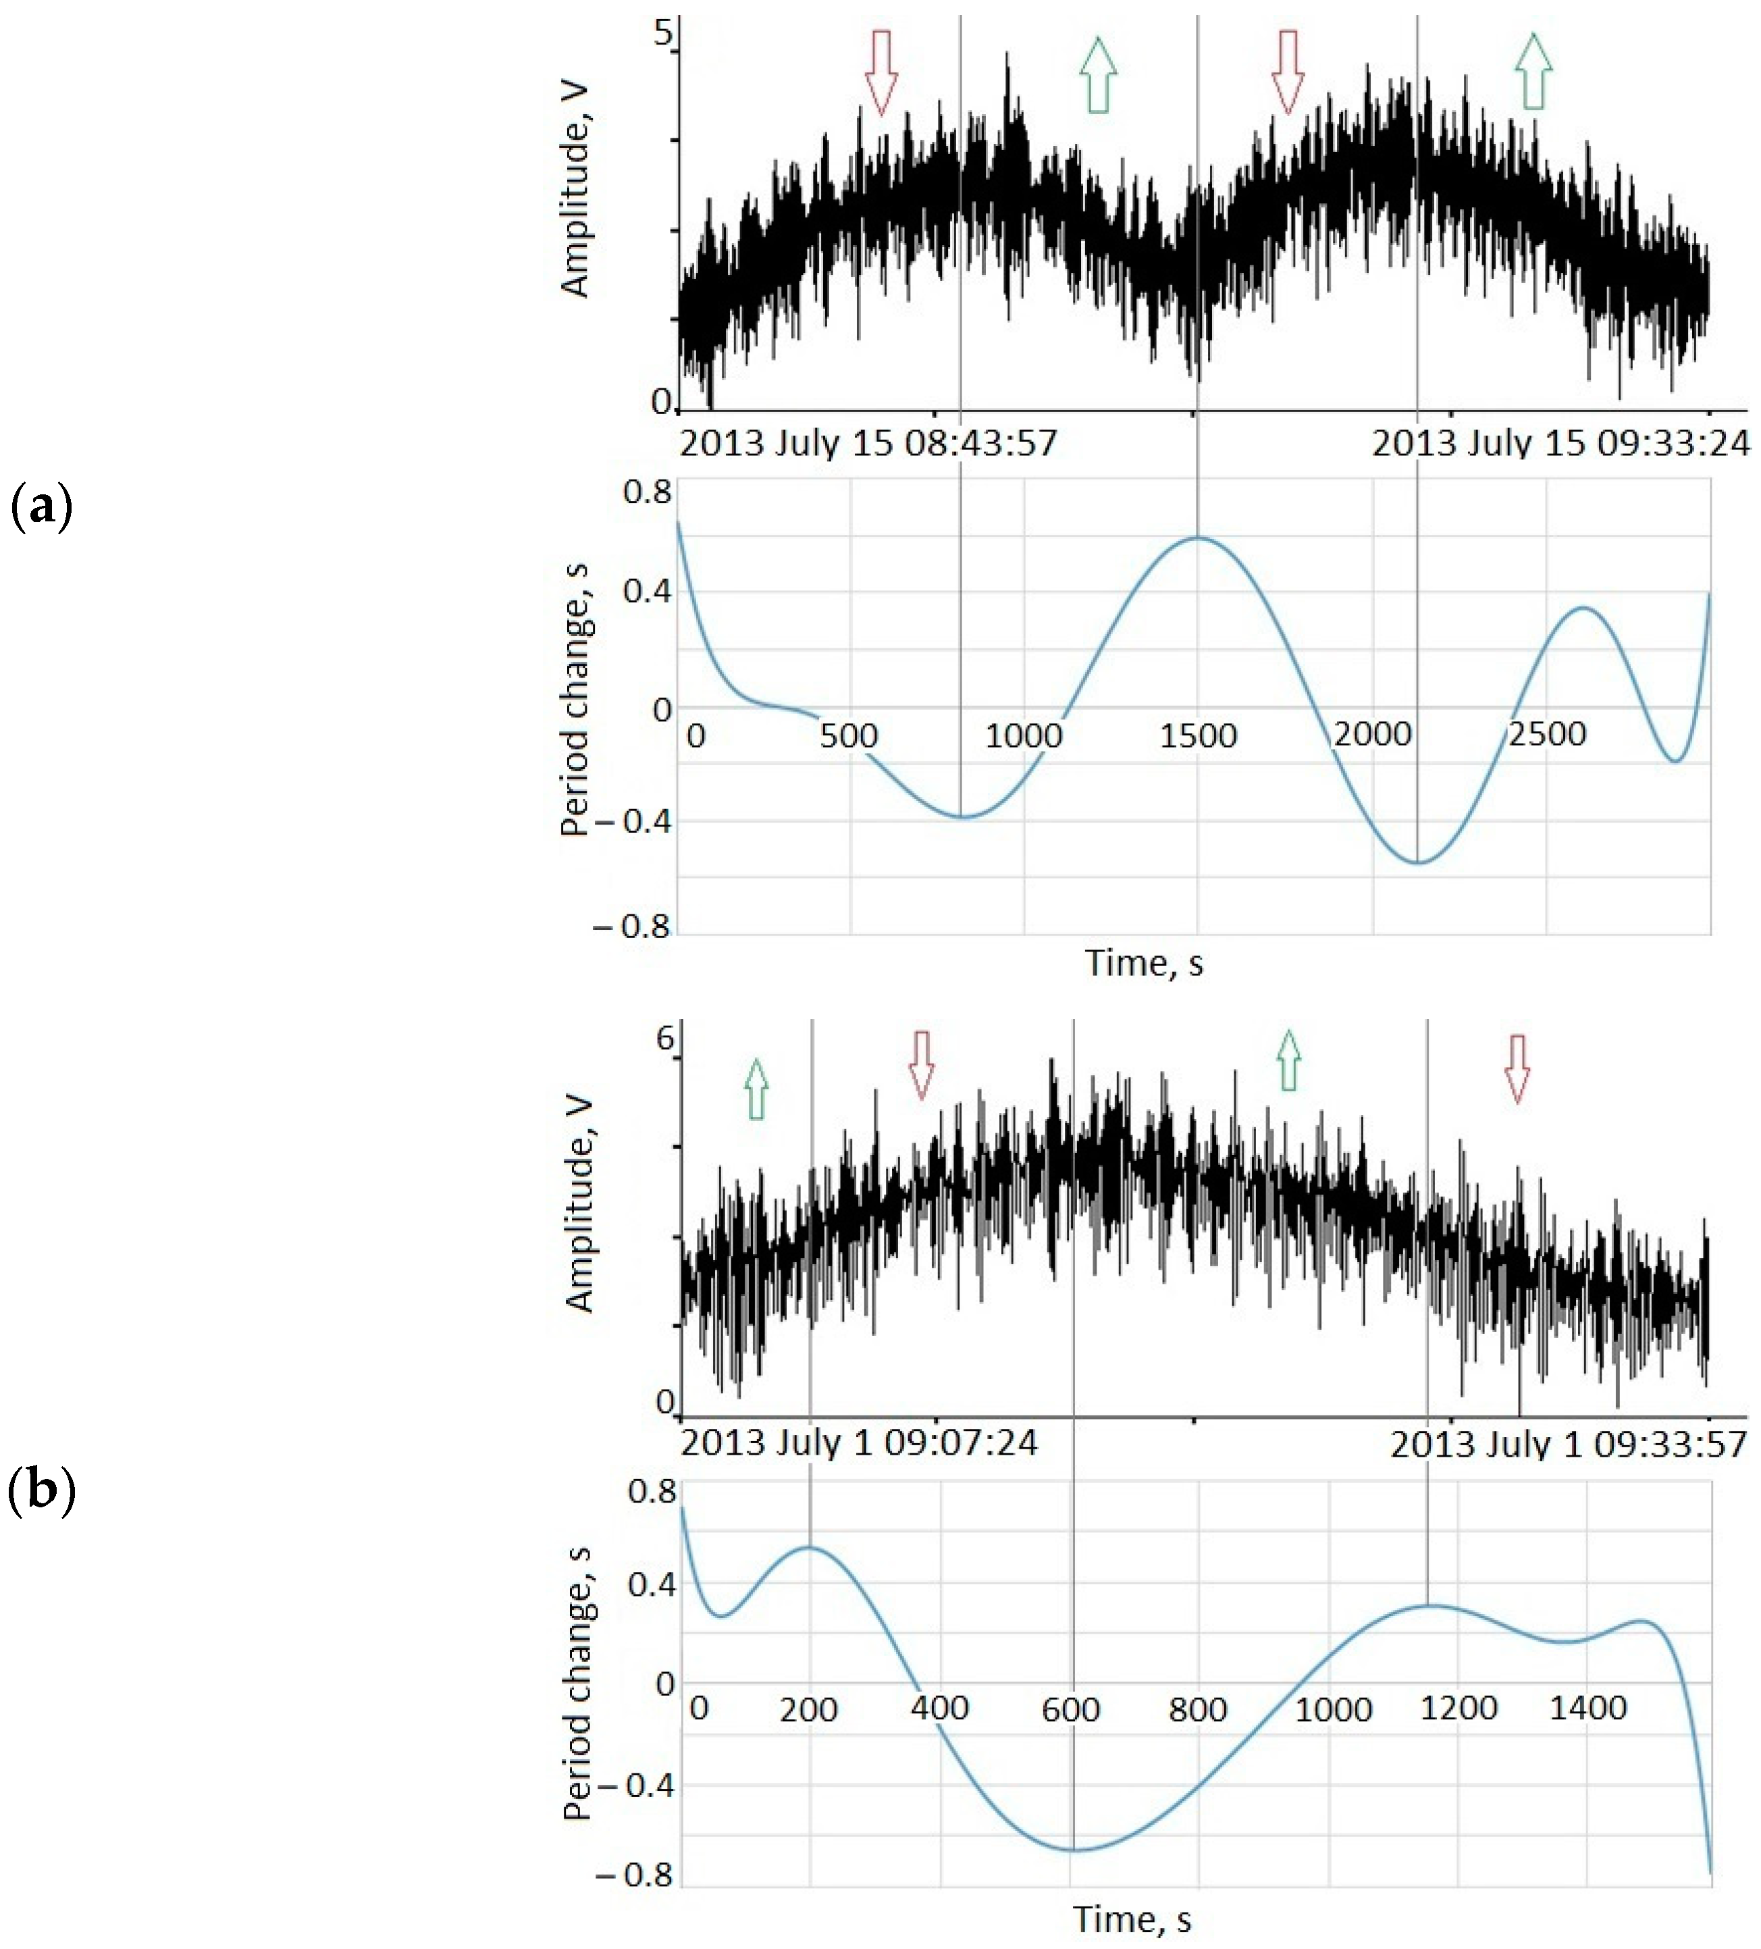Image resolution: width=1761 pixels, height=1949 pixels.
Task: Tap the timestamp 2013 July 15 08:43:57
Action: tap(868, 444)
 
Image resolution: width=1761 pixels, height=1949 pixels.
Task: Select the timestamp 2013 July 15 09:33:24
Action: tap(1560, 444)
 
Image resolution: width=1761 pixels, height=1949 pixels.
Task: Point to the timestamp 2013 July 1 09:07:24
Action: tap(858, 1443)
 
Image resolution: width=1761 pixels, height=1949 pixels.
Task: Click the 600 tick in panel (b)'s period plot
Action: tap(1070, 1710)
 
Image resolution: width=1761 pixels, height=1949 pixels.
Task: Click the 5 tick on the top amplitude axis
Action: tap(663, 34)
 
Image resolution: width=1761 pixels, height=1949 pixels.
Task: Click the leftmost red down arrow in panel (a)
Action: tap(880, 72)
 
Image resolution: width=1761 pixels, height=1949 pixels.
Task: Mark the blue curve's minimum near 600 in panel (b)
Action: tap(1073, 1850)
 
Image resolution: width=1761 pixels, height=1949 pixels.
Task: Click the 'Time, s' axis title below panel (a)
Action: tap(1145, 963)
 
